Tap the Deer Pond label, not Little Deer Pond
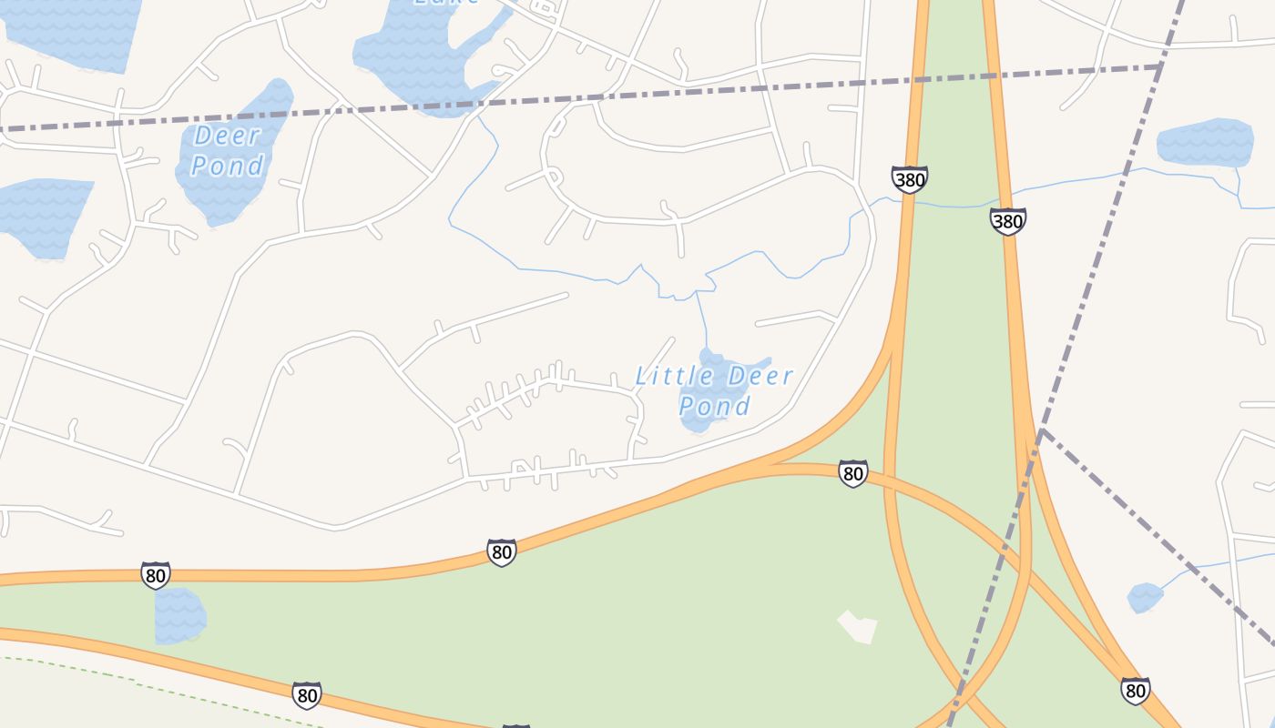coord(228,151)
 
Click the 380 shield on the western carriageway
coord(909,179)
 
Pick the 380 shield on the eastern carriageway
coord(1008,221)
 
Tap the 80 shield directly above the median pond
coord(156,575)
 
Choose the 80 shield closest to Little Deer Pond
coord(852,473)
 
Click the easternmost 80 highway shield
coord(1135,691)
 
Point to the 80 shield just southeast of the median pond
coord(307,695)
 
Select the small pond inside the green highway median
coord(178,615)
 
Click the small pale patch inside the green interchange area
coord(857,626)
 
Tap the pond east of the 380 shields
coord(1204,143)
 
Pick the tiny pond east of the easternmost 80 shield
coord(1145,598)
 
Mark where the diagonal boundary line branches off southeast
coord(1042,430)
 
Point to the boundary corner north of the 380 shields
coord(1161,66)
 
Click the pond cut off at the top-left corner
coord(73,32)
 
